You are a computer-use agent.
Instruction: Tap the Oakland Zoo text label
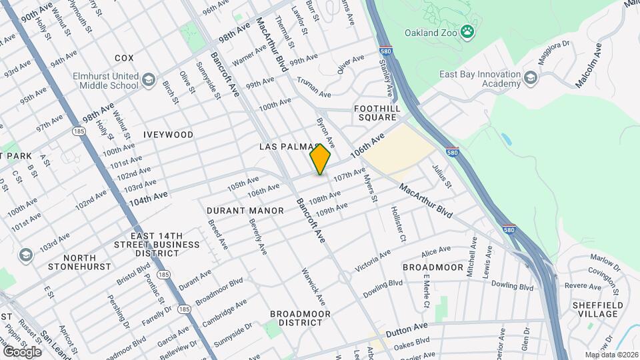431,32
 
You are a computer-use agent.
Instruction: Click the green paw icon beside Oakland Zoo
469,31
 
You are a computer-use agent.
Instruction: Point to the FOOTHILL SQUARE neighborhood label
377,113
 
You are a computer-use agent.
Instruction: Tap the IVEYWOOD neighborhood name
168,135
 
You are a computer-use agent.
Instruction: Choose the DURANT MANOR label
236,211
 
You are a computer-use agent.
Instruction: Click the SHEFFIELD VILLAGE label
597,309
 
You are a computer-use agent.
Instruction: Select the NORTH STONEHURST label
79,262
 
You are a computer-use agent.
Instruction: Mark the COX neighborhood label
124,59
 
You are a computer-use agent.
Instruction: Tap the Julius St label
442,175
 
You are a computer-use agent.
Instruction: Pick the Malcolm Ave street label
589,65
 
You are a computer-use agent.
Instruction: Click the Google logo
22,351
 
